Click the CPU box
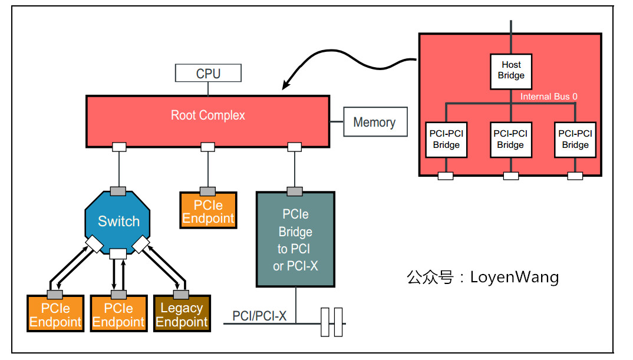[208, 74]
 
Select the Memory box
[374, 122]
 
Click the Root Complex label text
[207, 115]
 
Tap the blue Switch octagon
[118, 222]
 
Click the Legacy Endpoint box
[182, 315]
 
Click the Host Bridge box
[510, 71]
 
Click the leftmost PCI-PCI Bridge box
[446, 140]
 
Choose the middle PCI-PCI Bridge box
[510, 140]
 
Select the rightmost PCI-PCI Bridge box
[575, 140]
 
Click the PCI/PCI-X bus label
[259, 316]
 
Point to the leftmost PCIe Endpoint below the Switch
[55, 315]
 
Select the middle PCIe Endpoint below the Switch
[118, 315]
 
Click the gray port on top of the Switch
[118, 191]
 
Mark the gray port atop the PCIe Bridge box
[295, 191]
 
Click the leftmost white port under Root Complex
[119, 146]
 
